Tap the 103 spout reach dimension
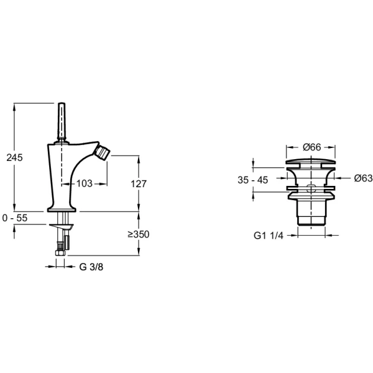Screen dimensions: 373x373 pyautogui.click(x=84, y=183)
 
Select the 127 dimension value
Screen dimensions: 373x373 pyautogui.click(x=140, y=183)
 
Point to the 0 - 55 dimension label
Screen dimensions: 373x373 pyautogui.click(x=15, y=219)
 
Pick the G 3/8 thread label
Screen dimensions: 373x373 pyautogui.click(x=91, y=267)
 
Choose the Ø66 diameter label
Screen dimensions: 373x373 pyautogui.click(x=311, y=147)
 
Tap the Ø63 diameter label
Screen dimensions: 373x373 pyautogui.click(x=363, y=178)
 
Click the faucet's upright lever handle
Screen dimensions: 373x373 pyautogui.click(x=62, y=122)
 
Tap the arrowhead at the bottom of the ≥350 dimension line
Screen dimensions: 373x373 pyautogui.click(x=139, y=253)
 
